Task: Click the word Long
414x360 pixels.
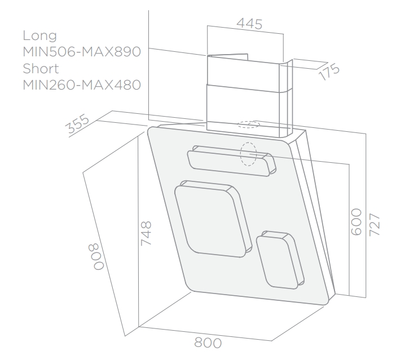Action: [x=39, y=36]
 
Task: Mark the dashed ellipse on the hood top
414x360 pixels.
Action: [x=249, y=125]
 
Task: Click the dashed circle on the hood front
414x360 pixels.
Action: [x=248, y=154]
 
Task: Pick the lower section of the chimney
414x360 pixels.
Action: [x=246, y=107]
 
